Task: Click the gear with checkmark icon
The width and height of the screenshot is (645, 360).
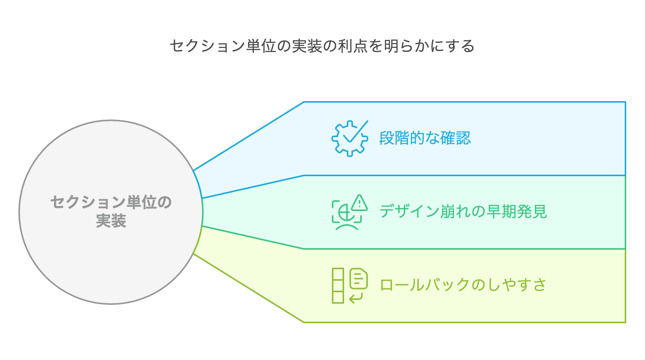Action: (x=349, y=139)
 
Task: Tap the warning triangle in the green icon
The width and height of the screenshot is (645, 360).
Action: (x=359, y=203)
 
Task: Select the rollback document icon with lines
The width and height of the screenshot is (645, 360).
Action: (x=359, y=278)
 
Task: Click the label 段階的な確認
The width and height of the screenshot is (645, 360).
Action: (x=425, y=138)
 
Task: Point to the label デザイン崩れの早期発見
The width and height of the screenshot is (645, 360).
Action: (x=463, y=212)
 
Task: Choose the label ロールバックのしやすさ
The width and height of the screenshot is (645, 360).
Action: (x=463, y=285)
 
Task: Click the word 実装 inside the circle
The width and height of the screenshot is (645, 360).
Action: (x=111, y=221)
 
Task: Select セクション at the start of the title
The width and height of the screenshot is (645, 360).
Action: (x=207, y=46)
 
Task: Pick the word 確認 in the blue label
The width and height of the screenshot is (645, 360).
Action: (x=456, y=138)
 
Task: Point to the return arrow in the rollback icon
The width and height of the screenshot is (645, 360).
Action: (x=356, y=298)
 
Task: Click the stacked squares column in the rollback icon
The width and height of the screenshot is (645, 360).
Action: (x=338, y=286)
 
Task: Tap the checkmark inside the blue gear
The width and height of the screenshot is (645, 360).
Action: (x=356, y=131)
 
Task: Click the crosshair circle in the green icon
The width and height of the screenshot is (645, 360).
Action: (x=346, y=213)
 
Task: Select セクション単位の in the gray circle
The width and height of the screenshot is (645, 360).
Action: (x=111, y=202)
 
